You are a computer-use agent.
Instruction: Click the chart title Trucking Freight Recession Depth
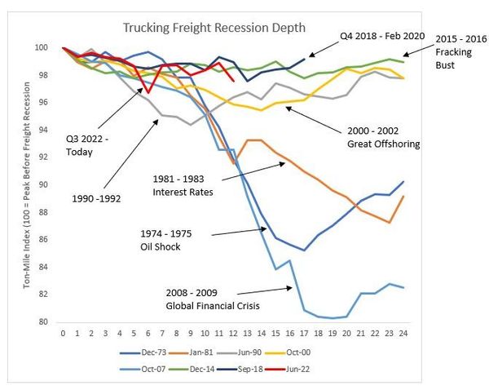point(214,28)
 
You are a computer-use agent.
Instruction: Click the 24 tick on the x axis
point(404,333)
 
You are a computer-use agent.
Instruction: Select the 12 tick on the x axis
point(234,333)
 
